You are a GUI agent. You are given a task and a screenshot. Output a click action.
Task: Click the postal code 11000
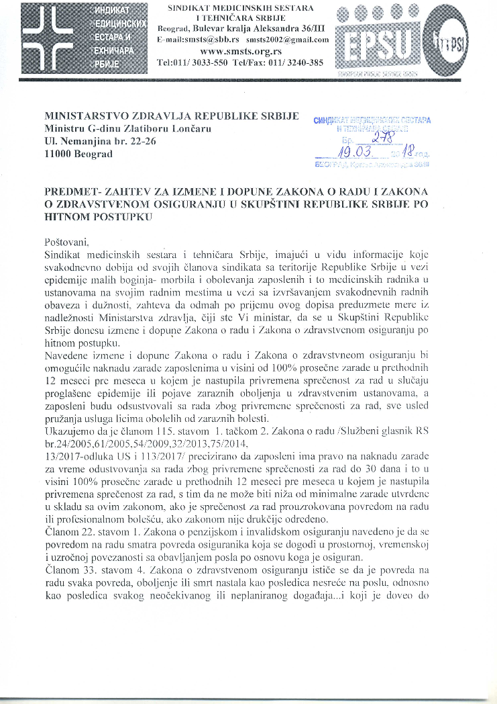click(x=58, y=154)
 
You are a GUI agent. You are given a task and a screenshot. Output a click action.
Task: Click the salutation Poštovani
click(x=66, y=241)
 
